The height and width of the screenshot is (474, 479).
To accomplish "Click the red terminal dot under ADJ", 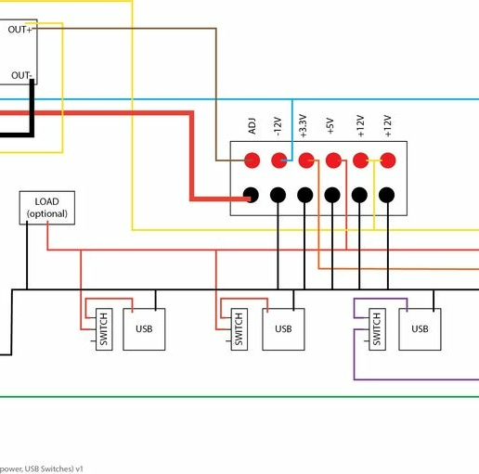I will pyautogui.click(x=251, y=160).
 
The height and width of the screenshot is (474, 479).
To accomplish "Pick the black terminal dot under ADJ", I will pyautogui.click(x=251, y=195).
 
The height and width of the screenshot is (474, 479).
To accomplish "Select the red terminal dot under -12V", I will pyautogui.click(x=278, y=160).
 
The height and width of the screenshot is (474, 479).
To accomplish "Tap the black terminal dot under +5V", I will pyautogui.click(x=331, y=195).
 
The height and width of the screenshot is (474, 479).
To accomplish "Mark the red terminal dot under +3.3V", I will pyautogui.click(x=304, y=160).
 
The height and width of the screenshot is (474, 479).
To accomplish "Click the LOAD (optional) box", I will pyautogui.click(x=46, y=208).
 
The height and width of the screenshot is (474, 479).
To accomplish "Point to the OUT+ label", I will pyautogui.click(x=19, y=30).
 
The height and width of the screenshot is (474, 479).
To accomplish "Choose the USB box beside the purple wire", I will pyautogui.click(x=420, y=328).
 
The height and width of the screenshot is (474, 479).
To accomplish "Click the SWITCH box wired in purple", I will pyautogui.click(x=376, y=329).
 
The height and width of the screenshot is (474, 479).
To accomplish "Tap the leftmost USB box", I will pyautogui.click(x=144, y=328).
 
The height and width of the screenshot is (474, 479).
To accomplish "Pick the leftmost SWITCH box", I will pyautogui.click(x=102, y=329).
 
